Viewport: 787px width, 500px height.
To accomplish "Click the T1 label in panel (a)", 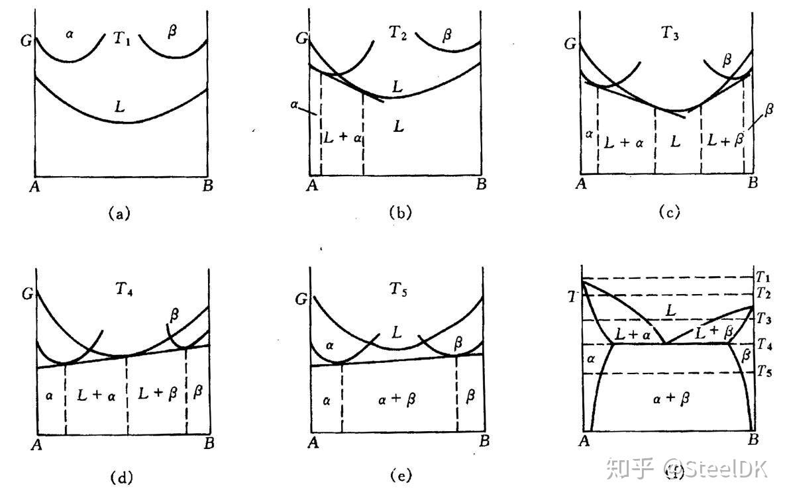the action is click(121, 38).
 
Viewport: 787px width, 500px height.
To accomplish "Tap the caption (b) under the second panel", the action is click(401, 213).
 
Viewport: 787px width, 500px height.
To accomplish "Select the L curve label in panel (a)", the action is click(122, 105).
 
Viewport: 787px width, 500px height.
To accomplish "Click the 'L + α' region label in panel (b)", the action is click(342, 136).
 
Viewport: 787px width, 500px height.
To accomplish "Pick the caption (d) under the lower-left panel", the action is click(124, 475).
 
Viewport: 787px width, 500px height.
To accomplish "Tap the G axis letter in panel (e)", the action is click(301, 299).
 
